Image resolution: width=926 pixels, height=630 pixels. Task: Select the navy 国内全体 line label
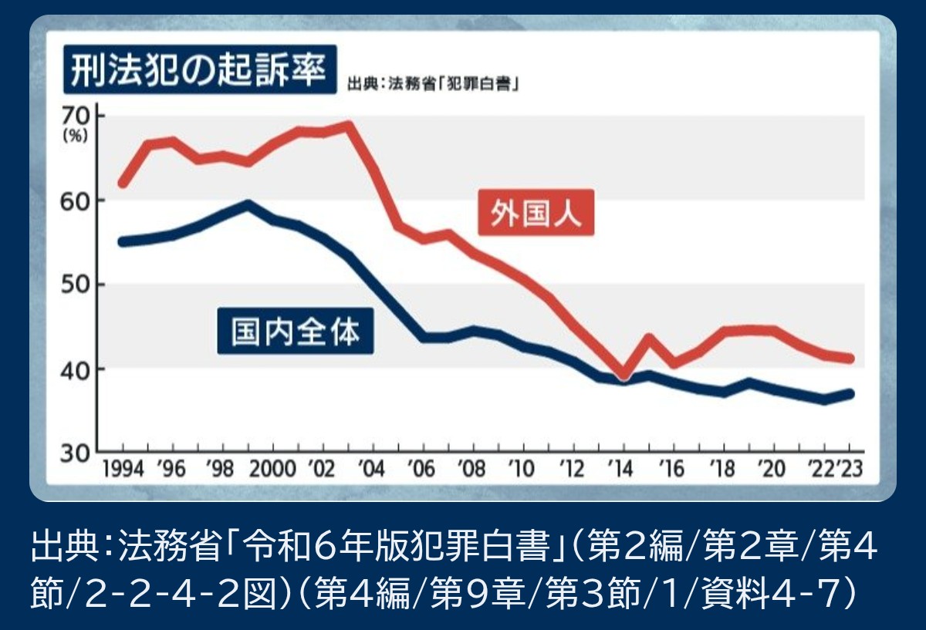pyautogui.click(x=296, y=331)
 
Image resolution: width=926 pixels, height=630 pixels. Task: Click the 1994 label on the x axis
pyautogui.click(x=122, y=470)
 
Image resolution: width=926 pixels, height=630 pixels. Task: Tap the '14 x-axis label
pyautogui.click(x=621, y=470)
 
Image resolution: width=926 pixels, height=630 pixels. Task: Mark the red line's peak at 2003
pyautogui.click(x=349, y=124)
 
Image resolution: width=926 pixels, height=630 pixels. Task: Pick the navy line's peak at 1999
pyautogui.click(x=247, y=204)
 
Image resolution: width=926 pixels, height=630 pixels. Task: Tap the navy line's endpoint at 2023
pyautogui.click(x=850, y=394)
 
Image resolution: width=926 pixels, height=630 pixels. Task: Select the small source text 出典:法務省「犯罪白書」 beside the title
pyautogui.click(x=432, y=83)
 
